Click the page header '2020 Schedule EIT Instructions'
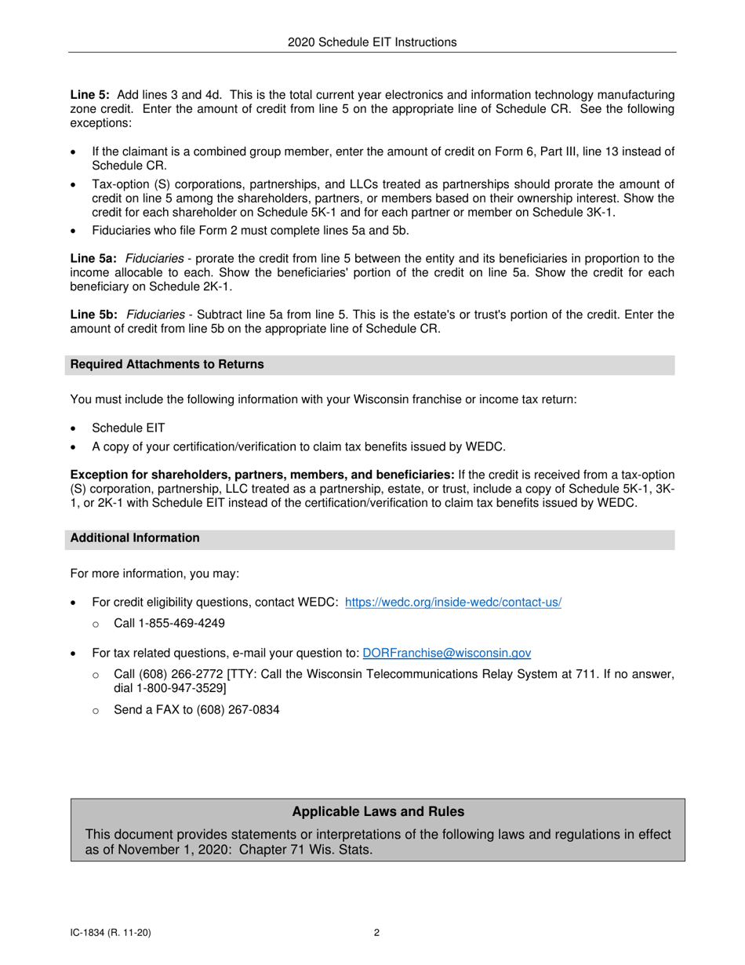(372, 42)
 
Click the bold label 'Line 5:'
(90, 95)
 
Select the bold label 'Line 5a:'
(93, 258)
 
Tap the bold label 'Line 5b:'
(93, 315)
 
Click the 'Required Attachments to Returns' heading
(167, 364)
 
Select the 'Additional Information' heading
(135, 537)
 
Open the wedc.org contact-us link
(452, 603)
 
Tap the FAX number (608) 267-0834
(233, 709)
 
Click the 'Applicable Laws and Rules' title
(377, 812)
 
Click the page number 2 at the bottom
(376, 933)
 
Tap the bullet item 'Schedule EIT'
(128, 428)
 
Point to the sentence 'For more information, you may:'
(154, 574)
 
